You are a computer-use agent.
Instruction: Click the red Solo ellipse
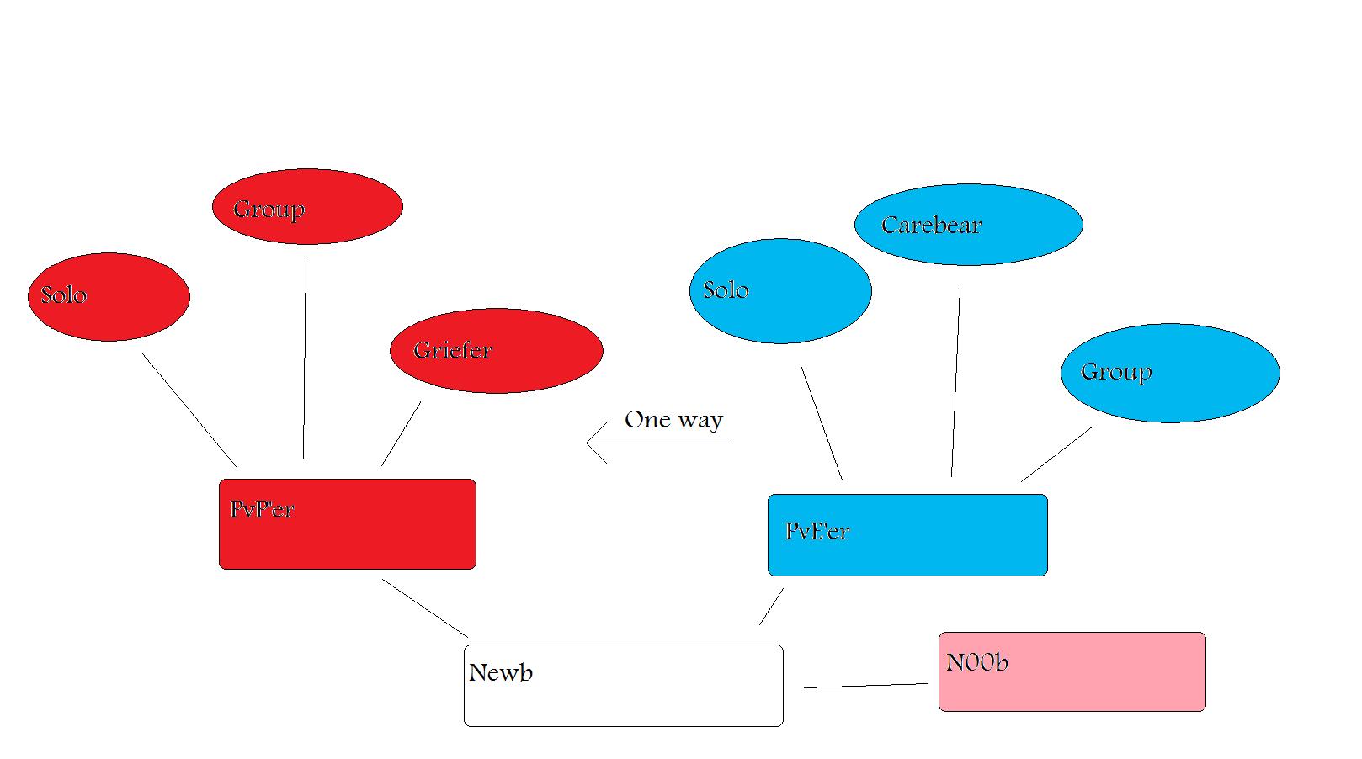click(x=109, y=297)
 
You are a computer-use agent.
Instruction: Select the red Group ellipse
click(x=307, y=206)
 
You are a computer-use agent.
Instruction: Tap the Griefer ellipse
click(x=497, y=351)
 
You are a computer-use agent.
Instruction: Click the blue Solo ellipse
click(x=780, y=291)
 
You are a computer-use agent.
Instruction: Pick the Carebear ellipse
click(x=968, y=225)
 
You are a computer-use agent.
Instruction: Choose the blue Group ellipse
click(x=1170, y=373)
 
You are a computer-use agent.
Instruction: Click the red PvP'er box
click(x=348, y=524)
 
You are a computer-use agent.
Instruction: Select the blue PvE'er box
click(x=907, y=535)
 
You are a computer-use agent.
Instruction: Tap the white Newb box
click(x=623, y=686)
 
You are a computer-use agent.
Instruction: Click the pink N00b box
click(x=1072, y=672)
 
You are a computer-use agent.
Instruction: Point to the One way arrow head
click(x=590, y=443)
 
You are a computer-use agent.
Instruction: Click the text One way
click(x=673, y=420)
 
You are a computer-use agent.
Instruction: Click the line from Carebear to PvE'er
click(x=956, y=383)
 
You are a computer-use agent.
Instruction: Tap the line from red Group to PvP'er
click(x=305, y=359)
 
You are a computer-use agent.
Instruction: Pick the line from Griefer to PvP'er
click(x=402, y=433)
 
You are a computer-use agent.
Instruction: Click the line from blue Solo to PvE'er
click(x=822, y=423)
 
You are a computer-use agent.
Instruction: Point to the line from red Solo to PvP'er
click(x=189, y=410)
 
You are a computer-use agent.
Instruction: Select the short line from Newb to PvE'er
click(x=771, y=607)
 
